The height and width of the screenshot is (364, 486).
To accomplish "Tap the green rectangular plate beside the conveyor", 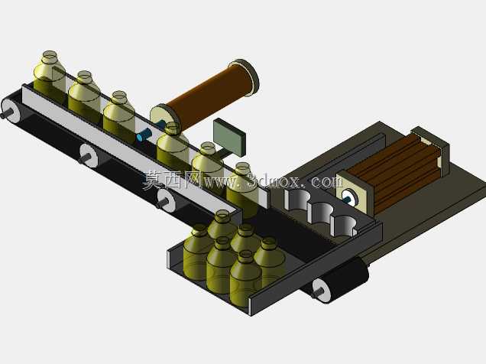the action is tap(229, 137).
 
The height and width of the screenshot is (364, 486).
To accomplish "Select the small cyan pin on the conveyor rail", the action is tap(144, 135).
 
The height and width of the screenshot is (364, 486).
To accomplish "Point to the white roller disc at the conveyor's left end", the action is tap(10, 110).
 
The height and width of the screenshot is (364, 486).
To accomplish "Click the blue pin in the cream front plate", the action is tap(348, 197).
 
